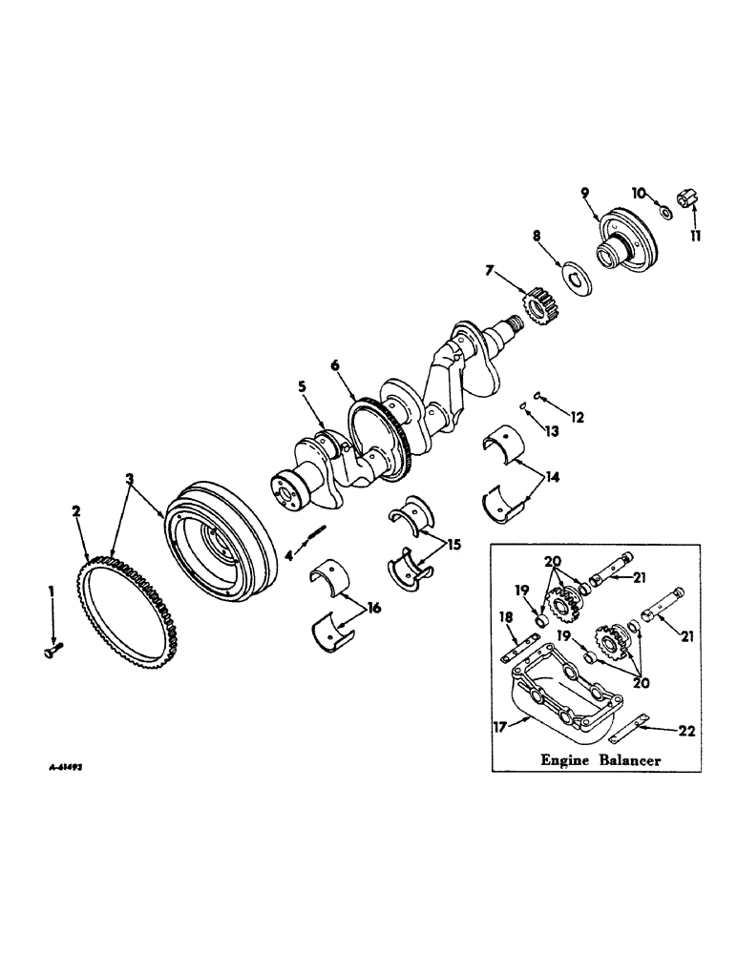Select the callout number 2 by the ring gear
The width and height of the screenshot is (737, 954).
pos(76,511)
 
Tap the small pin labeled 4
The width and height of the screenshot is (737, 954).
pos(316,542)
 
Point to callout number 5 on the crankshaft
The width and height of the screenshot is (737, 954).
pos(302,388)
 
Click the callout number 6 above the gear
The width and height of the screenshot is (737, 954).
pos(335,365)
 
